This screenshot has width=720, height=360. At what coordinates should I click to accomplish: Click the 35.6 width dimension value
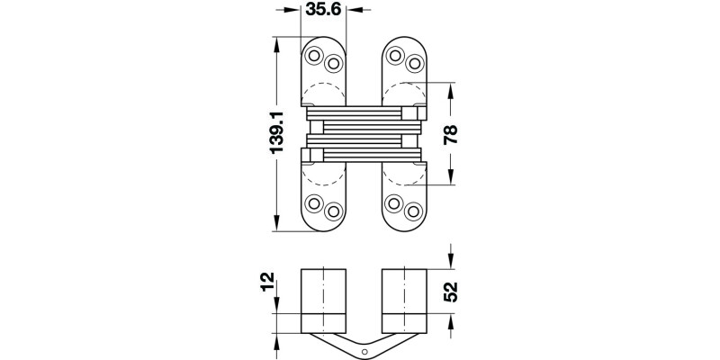point(323,10)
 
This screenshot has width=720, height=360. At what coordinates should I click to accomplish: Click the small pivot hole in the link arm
point(366,351)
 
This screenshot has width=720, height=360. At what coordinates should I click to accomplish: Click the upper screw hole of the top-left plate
point(315,56)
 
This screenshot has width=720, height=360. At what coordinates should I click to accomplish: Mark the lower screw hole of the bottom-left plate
point(333,211)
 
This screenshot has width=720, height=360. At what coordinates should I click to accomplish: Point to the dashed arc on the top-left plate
point(322,92)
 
